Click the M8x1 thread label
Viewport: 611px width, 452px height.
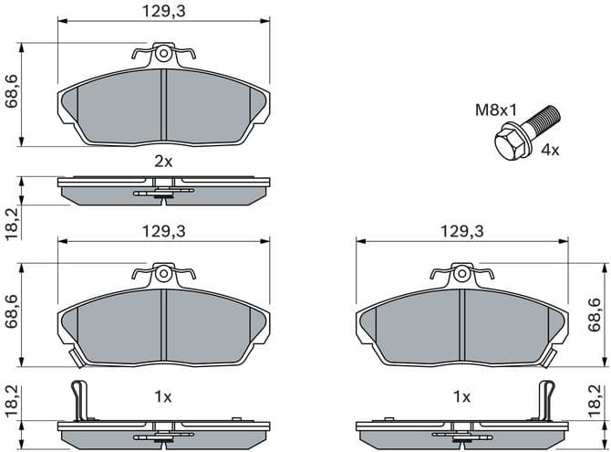495,111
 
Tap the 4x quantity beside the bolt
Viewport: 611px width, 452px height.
551,150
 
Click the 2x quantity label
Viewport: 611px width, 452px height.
163,161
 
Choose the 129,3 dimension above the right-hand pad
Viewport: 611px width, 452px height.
461,232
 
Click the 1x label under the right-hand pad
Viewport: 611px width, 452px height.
461,397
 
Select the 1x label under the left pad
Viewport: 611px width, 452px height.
163,397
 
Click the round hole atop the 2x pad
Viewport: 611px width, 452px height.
163,54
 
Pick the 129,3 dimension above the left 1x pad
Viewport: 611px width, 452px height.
163,232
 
